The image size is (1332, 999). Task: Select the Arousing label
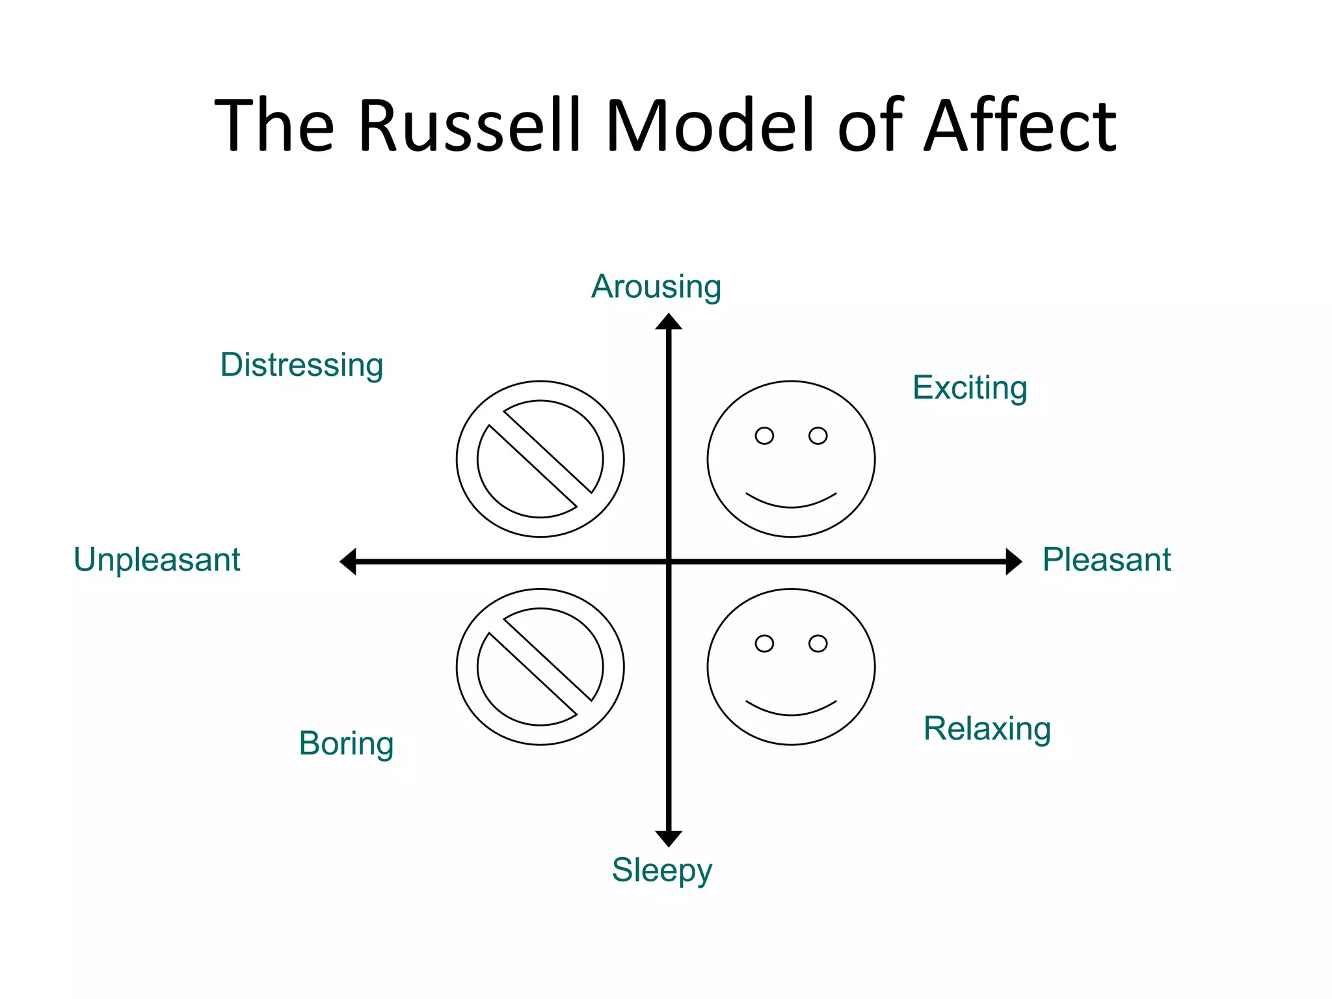tap(656, 287)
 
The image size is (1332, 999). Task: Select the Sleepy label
tap(661, 870)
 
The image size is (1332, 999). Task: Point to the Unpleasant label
tap(157, 560)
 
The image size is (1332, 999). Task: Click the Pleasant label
tap(1106, 560)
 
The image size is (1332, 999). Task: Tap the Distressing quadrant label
tap(301, 365)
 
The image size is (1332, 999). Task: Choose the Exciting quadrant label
tap(969, 388)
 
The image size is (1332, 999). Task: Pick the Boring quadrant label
tap(346, 743)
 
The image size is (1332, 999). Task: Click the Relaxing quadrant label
tap(987, 728)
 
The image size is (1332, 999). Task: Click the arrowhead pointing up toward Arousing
tap(669, 323)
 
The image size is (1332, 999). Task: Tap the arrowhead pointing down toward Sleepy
tap(669, 838)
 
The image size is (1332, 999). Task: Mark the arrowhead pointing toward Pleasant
tap(1013, 561)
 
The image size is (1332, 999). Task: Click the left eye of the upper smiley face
tap(764, 436)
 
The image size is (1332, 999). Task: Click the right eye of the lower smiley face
tap(818, 643)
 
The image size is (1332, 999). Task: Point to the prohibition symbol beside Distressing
tap(540, 459)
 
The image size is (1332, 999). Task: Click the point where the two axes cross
tap(669, 561)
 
